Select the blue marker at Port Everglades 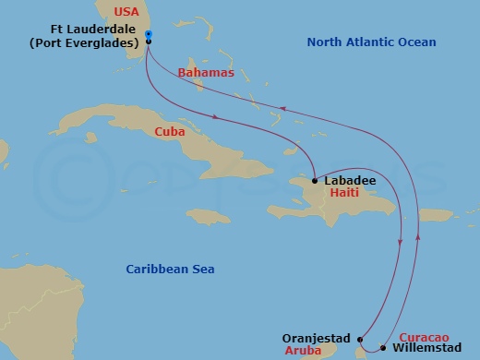coord(149,35)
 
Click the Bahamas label coord(209,71)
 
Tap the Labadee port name coord(350,181)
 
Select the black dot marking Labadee coord(315,180)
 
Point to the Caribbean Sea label coord(170,269)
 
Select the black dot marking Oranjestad coord(359,338)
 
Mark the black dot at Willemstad coord(383,348)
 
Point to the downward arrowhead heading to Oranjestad coord(401,243)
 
